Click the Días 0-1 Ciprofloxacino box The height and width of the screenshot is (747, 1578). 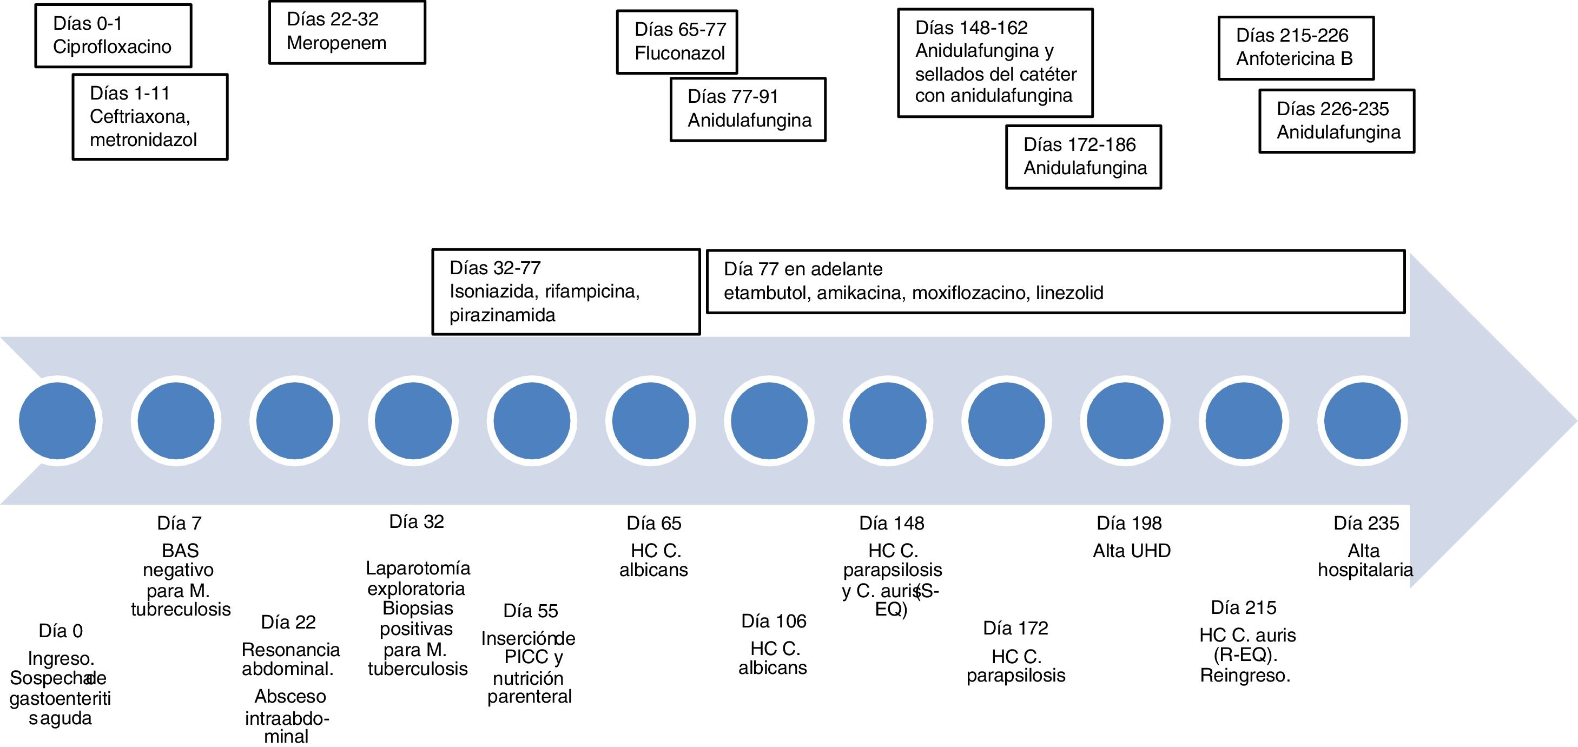tap(113, 36)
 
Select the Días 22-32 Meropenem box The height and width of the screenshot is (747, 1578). tap(347, 32)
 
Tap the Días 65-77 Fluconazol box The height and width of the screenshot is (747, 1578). tap(677, 42)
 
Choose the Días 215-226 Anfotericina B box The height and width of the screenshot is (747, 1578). tap(1296, 48)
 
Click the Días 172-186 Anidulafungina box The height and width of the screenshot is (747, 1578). tap(1083, 157)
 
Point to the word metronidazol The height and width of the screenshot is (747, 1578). tap(143, 140)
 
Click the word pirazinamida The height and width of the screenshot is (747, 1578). tap(503, 315)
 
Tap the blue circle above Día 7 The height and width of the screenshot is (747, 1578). tap(176, 421)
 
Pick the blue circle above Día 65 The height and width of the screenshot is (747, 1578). tap(651, 421)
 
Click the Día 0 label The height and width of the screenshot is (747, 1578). tap(61, 631)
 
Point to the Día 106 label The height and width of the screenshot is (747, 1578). tap(774, 622)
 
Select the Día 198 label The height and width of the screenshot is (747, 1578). tap(1129, 524)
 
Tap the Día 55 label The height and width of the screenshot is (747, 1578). tap(531, 611)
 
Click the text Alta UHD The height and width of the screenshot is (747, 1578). tap(1131, 551)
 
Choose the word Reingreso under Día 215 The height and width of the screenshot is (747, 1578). tap(1245, 676)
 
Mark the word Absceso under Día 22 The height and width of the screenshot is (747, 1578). tap(290, 697)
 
